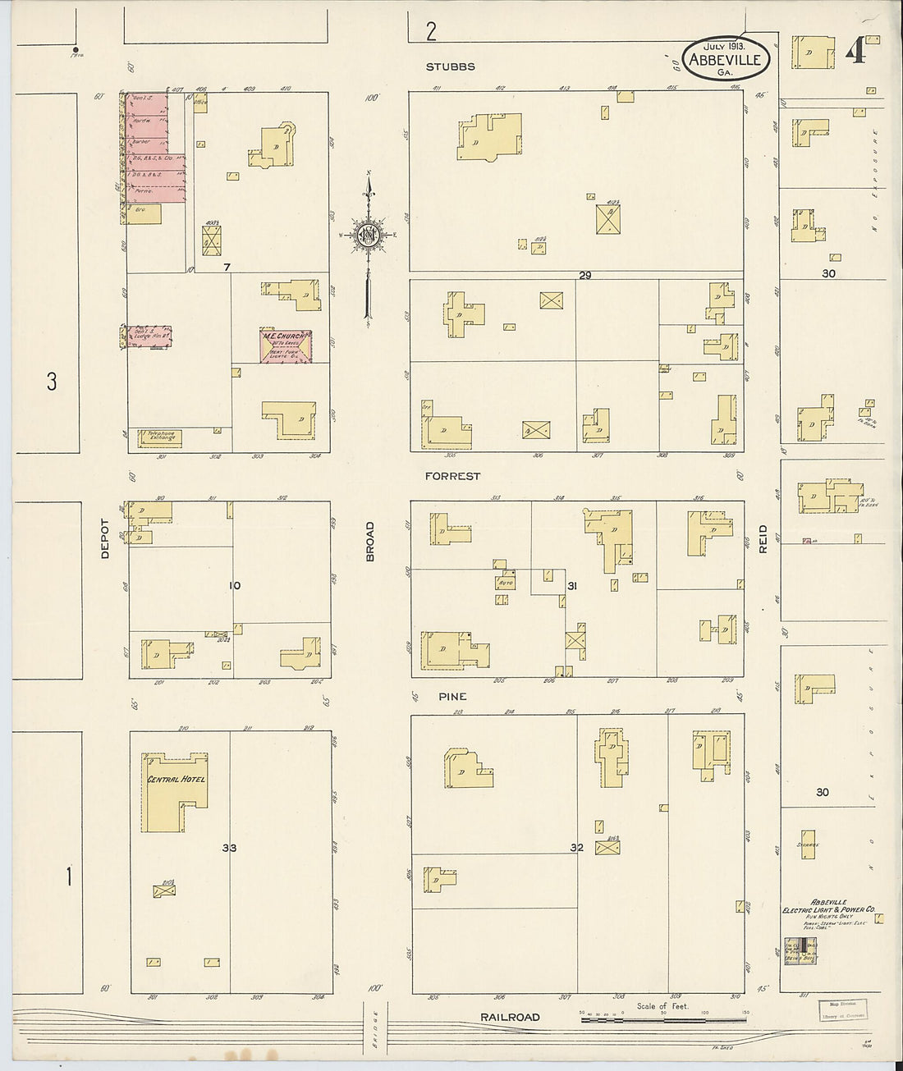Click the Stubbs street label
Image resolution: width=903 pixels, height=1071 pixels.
pos(451,66)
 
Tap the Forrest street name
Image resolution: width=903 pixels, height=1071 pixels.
pos(452,476)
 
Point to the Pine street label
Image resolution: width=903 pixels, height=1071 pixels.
pos(451,696)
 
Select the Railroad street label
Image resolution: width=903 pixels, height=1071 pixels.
pos(510,1018)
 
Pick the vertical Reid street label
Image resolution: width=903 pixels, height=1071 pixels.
pos(763,538)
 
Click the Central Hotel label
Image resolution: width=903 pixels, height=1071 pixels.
pos(175,779)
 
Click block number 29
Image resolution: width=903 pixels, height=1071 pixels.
pos(584,275)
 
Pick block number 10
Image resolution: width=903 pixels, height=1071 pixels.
pos(235,585)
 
